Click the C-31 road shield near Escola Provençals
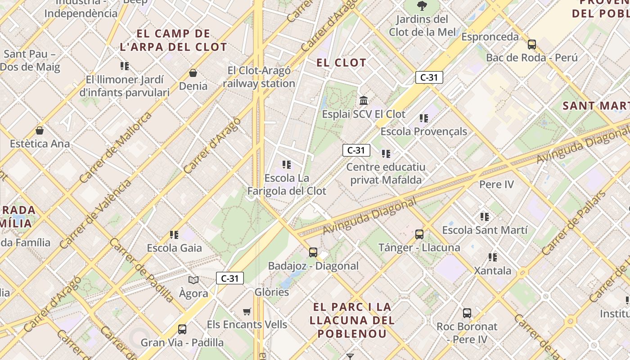pos(429,77)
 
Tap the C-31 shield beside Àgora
pos(230,278)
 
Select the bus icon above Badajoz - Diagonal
pos(313,252)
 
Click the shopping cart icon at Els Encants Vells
pos(247,311)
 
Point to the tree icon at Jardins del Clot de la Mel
pos(422,6)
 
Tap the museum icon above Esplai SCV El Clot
pos(364,100)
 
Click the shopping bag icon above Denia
pos(193,72)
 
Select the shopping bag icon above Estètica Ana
pos(40,130)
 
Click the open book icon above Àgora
pos(193,280)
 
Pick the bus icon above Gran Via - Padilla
pos(182,329)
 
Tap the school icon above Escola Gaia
pos(174,234)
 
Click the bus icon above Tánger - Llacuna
pos(419,234)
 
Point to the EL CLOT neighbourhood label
pos(342,63)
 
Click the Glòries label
pos(271,292)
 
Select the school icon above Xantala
pos(493,257)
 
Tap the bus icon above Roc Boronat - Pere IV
pos(467,313)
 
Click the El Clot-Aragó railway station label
pos(259,77)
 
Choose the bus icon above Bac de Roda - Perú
pos(532,44)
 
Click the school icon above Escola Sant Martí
pos(485,217)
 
